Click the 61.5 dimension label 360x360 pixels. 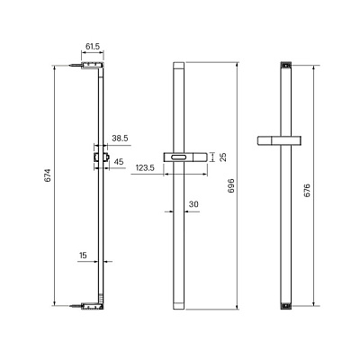point(93,47)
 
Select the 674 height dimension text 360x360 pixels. point(48,175)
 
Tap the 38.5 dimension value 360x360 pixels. point(120,139)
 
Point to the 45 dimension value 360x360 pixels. point(119,162)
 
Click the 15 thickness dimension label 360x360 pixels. point(83,256)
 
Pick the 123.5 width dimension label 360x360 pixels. point(145,167)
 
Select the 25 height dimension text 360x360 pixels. point(223,157)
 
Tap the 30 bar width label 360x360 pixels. point(193,204)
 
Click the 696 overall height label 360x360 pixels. point(231,185)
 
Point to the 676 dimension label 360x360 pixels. point(307,190)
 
